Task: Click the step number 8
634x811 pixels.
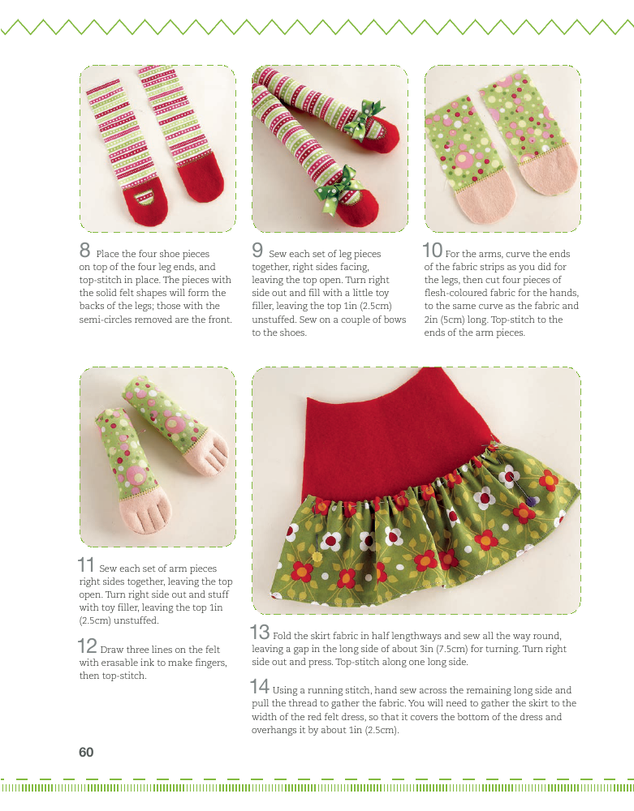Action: [85, 251]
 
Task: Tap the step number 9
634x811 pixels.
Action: [258, 251]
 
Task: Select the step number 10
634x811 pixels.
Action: [432, 251]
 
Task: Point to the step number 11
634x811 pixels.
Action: [86, 564]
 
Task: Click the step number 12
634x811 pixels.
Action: [87, 646]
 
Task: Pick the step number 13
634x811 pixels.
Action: [260, 632]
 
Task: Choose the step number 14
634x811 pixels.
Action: [260, 686]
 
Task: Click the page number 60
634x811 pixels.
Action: [86, 752]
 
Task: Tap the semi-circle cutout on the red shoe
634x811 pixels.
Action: [144, 197]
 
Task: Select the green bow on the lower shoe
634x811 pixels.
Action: [338, 189]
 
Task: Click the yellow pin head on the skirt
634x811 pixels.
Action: [317, 556]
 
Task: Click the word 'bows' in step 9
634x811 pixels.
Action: [394, 320]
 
